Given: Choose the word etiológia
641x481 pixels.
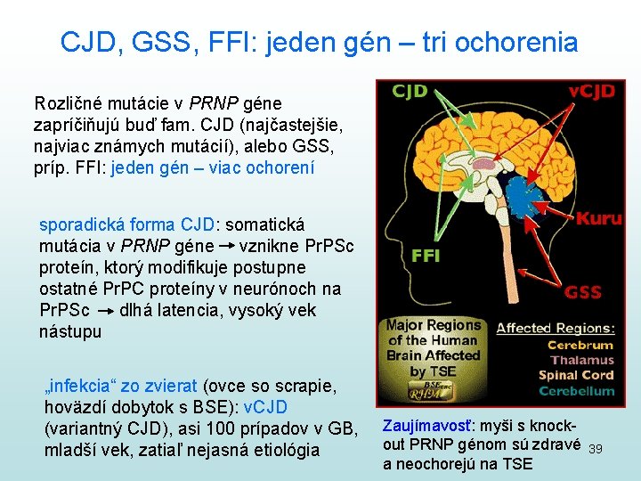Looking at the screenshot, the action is (x=280, y=451).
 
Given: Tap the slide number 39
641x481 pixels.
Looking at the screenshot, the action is (x=596, y=450).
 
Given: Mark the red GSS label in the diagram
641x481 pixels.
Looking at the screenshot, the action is (x=583, y=292).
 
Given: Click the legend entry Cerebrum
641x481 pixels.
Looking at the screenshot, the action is (x=580, y=346).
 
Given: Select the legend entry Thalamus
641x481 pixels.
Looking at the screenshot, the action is (x=582, y=361).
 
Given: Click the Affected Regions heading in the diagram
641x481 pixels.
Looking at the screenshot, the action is (x=555, y=328).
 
